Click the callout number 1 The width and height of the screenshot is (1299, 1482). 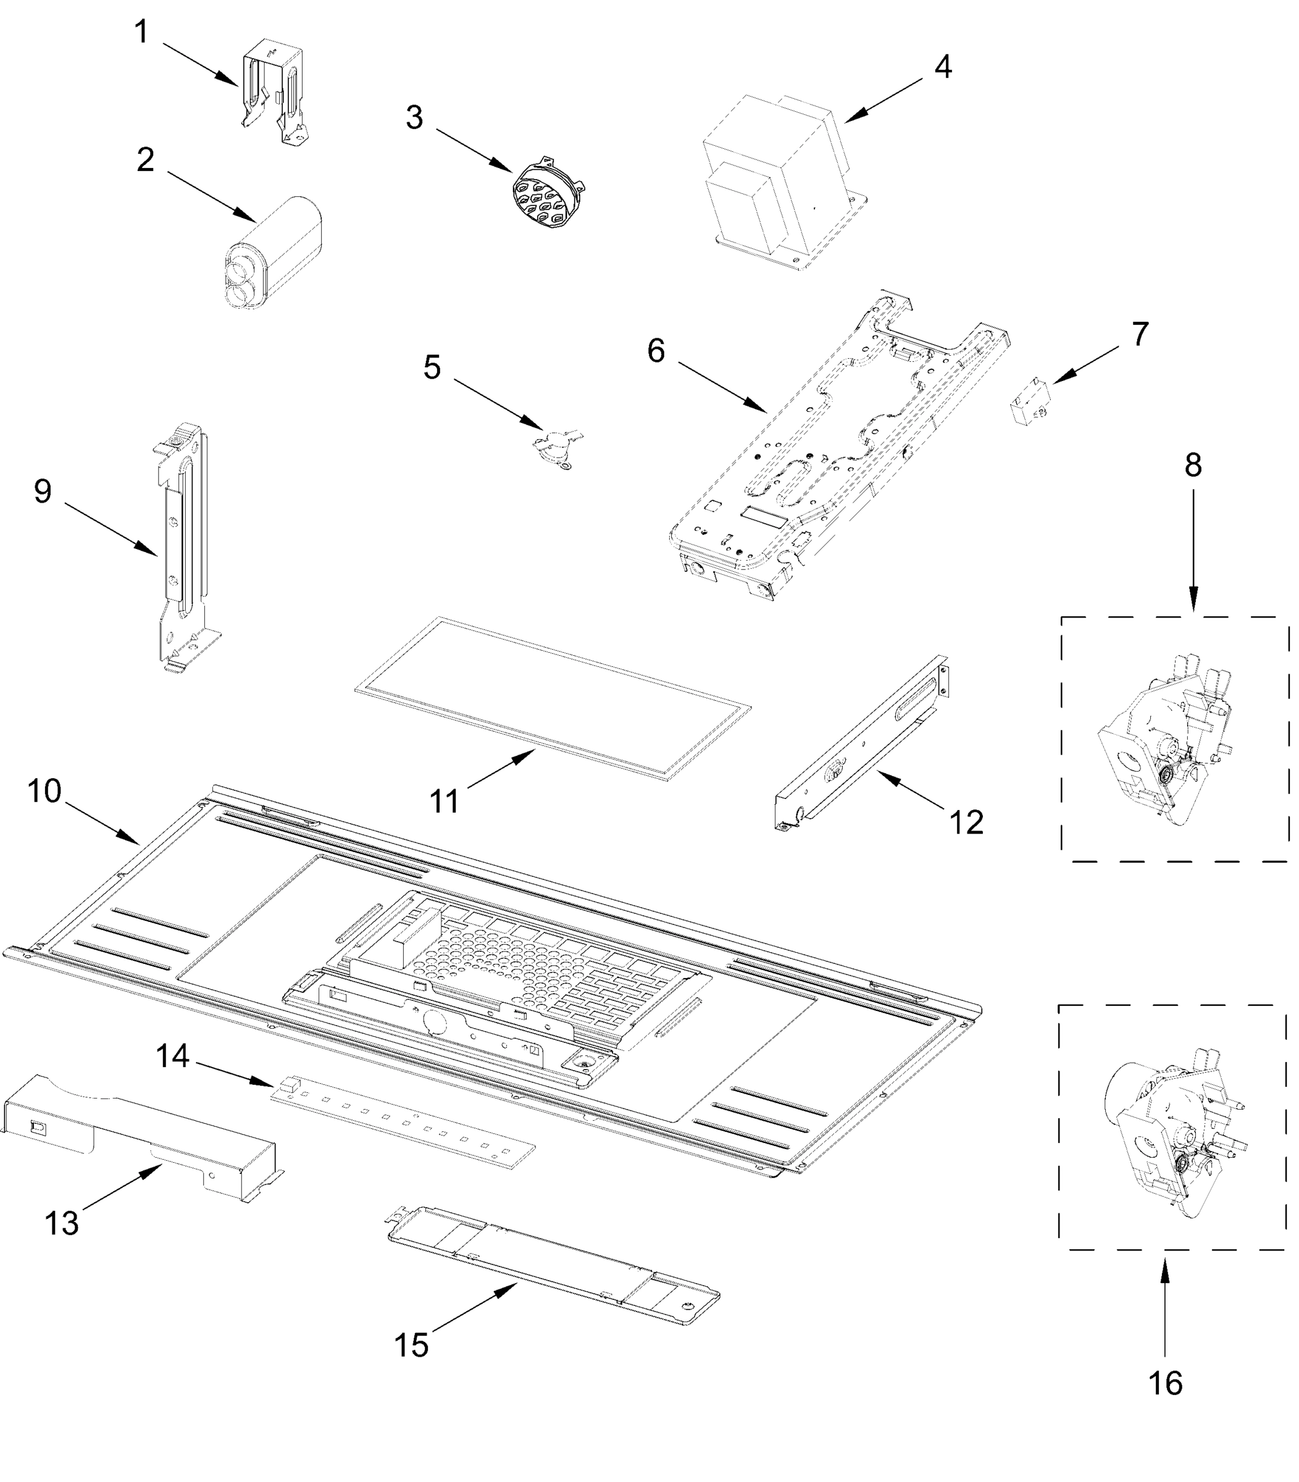click(x=141, y=32)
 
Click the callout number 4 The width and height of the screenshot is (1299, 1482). click(x=942, y=67)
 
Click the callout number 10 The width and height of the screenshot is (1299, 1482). click(x=44, y=791)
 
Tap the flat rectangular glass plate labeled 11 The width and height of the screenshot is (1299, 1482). click(x=551, y=696)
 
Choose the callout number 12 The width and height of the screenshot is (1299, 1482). click(x=966, y=823)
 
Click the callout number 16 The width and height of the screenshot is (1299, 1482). click(x=1166, y=1383)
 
